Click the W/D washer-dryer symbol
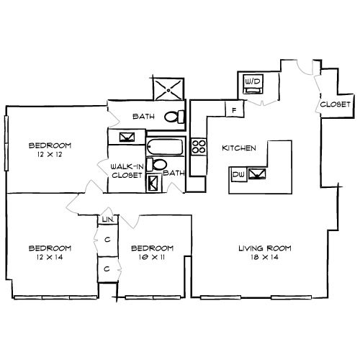click(253, 84)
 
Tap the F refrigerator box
click(235, 109)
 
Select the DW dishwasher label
click(238, 174)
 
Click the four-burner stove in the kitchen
click(199, 147)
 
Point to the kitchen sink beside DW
click(257, 174)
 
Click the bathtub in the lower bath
click(165, 147)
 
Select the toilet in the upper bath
click(174, 117)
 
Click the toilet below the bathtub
click(157, 164)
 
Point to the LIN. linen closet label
click(107, 220)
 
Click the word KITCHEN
click(239, 148)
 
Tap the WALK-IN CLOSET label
click(127, 171)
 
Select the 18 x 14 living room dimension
click(265, 257)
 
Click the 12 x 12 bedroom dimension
click(50, 154)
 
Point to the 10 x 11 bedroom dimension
click(152, 257)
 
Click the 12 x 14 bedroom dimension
click(50, 257)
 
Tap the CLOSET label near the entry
click(336, 104)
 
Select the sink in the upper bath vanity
click(127, 137)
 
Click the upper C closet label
click(107, 239)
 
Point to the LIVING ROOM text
click(265, 248)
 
